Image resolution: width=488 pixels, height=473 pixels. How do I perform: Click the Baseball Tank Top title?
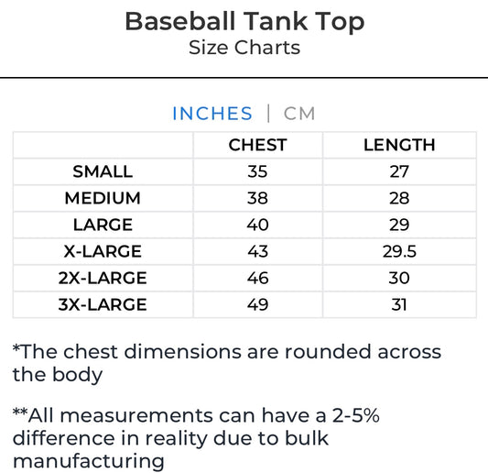pyautogui.click(x=244, y=21)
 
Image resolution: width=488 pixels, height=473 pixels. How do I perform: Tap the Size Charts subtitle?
pyautogui.click(x=244, y=48)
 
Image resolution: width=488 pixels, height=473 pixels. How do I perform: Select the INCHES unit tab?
pyautogui.click(x=211, y=114)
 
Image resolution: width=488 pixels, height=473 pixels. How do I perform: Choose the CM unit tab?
pyautogui.click(x=299, y=114)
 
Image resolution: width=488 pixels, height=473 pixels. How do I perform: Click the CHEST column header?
pyautogui.click(x=257, y=145)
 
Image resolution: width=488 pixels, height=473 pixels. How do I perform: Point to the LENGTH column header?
pyautogui.click(x=398, y=145)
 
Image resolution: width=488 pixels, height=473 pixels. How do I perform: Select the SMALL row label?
pyautogui.click(x=103, y=171)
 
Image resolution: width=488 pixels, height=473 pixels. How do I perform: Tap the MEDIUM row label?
pyautogui.click(x=103, y=198)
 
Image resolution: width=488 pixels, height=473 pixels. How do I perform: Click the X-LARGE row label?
pyautogui.click(x=103, y=251)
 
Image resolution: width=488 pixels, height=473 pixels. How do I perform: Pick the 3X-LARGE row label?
pyautogui.click(x=103, y=304)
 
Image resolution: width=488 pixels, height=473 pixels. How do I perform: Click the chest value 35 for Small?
pyautogui.click(x=257, y=171)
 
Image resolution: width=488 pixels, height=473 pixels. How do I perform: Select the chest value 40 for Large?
pyautogui.click(x=257, y=225)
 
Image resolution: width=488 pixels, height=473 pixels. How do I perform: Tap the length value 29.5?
pyautogui.click(x=398, y=251)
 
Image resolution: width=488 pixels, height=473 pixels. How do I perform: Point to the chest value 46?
pyautogui.click(x=257, y=278)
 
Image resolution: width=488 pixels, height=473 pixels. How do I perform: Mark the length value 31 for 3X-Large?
pyautogui.click(x=398, y=304)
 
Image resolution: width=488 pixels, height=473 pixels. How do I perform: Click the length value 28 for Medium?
pyautogui.click(x=398, y=198)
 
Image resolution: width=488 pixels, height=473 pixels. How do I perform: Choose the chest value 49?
pyautogui.click(x=257, y=304)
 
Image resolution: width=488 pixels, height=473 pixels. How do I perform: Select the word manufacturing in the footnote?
pyautogui.click(x=88, y=461)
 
